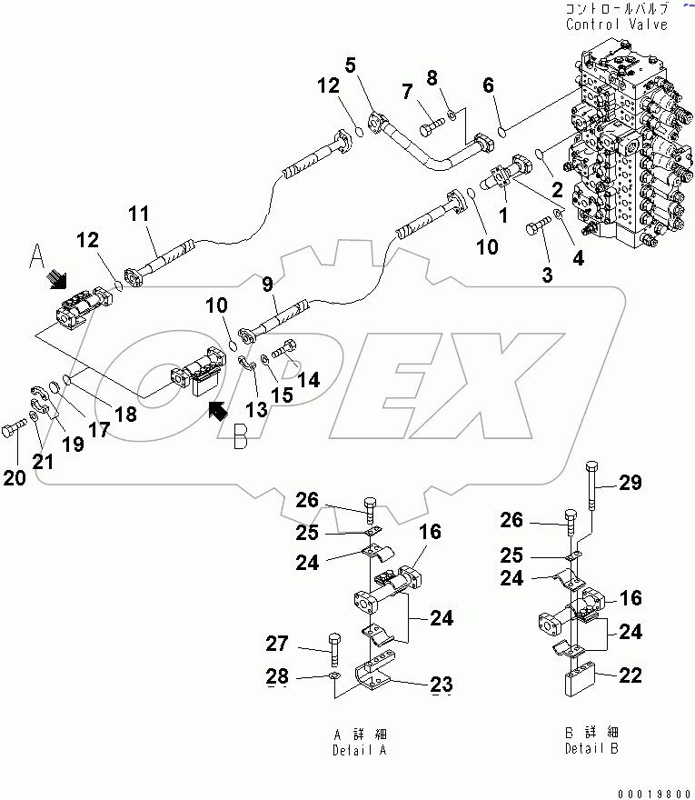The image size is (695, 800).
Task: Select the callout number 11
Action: pos(138,215)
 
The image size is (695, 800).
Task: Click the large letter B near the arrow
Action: pos(240,438)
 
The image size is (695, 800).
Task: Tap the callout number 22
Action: pos(630,675)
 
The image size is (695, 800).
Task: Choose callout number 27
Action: pos(277,645)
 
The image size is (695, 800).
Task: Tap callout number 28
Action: pos(277,676)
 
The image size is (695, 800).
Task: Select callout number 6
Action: pos(489,85)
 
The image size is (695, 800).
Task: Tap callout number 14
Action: pos(309,380)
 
